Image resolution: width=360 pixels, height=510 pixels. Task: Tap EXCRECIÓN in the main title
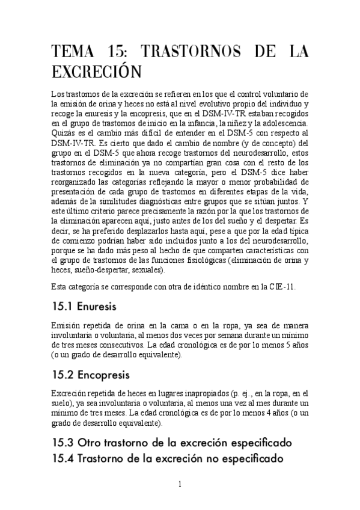(x=96, y=73)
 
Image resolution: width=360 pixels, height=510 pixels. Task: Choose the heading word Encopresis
(x=104, y=376)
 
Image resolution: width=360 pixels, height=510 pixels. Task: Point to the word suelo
(x=64, y=404)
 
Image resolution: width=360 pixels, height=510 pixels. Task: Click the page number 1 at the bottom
(x=180, y=485)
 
